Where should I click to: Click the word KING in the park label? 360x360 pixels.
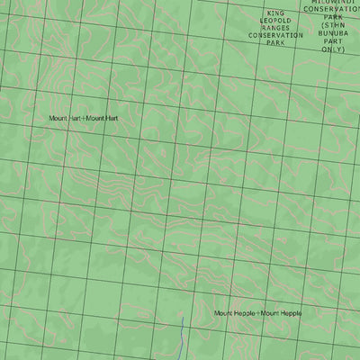click(274, 13)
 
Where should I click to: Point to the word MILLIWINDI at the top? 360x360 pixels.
click(333, 3)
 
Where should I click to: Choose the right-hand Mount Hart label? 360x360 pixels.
click(102, 119)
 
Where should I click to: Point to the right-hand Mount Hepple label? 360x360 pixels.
click(281, 313)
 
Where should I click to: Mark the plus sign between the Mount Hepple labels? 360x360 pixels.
click(258, 313)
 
